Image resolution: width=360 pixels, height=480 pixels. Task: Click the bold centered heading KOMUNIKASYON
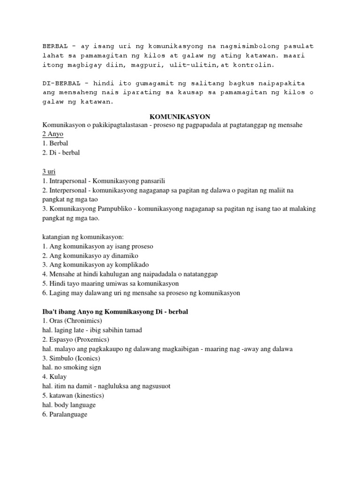(x=180, y=116)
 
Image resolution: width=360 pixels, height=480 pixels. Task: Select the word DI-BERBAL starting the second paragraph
(x=58, y=83)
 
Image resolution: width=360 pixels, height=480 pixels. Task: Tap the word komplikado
(x=135, y=265)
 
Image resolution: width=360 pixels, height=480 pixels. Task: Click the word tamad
(x=132, y=330)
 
